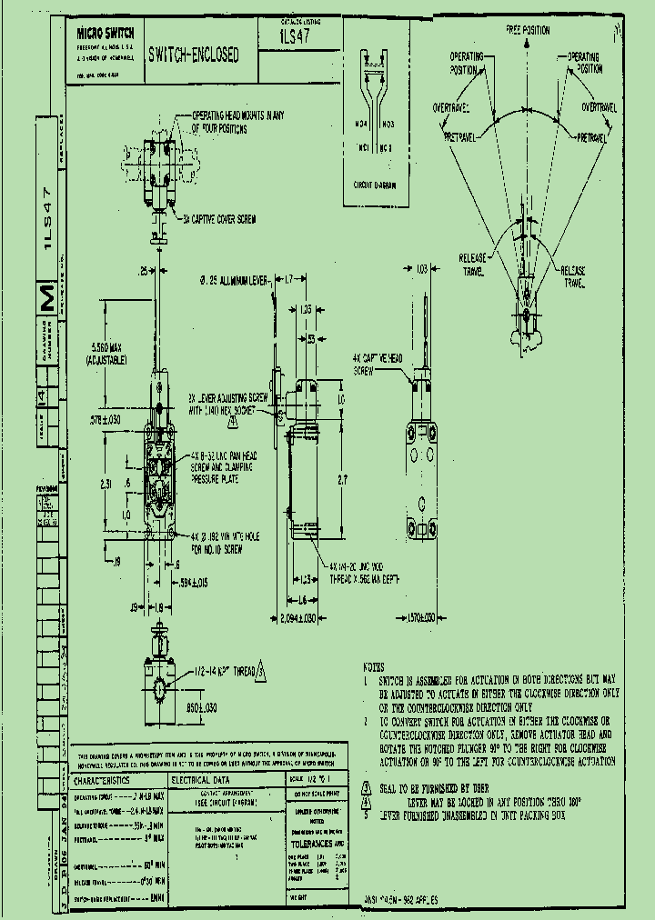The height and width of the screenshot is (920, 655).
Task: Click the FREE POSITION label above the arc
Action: (528, 29)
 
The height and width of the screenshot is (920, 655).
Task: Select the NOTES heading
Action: (374, 665)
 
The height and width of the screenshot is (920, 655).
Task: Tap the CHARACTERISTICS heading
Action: (102, 779)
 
